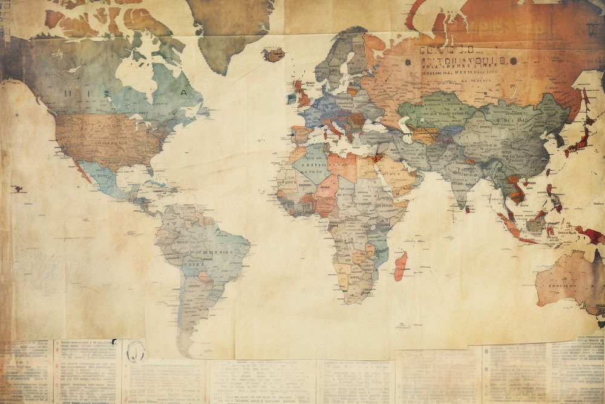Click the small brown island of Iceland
pyautogui.click(x=273, y=55)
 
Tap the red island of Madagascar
pyautogui.click(x=401, y=266)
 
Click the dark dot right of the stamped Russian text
pyautogui.click(x=512, y=61)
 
